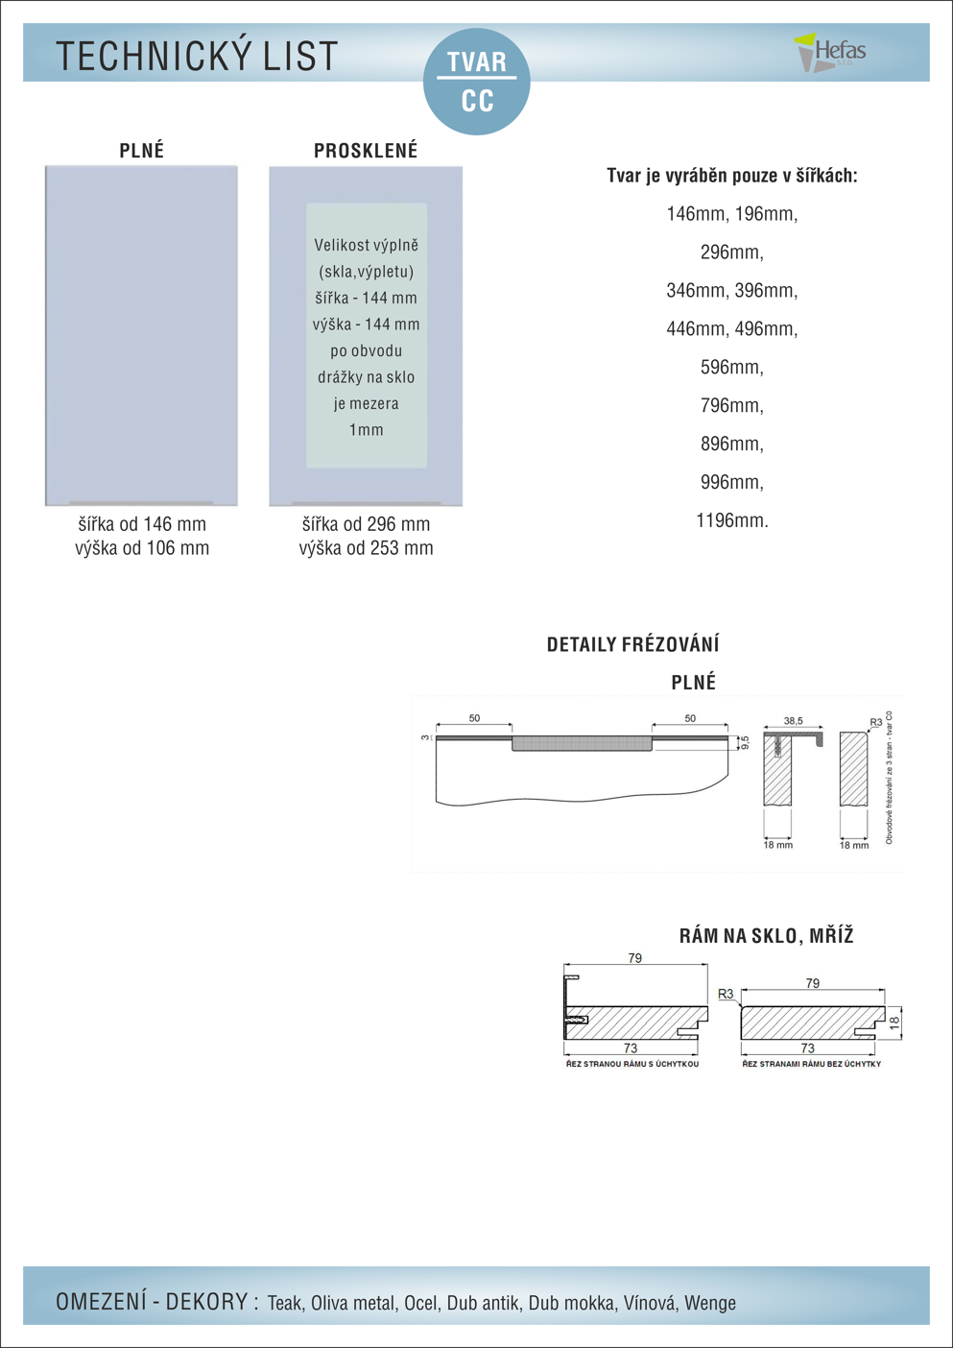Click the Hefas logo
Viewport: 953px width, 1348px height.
point(830,52)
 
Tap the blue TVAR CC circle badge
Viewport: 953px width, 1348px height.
point(477,82)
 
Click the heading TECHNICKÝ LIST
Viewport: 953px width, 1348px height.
point(197,57)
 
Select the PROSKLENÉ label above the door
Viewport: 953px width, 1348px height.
point(366,151)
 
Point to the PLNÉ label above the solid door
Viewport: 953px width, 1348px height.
point(142,151)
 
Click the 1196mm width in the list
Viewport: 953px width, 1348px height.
point(732,520)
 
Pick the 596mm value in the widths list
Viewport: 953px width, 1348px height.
point(732,367)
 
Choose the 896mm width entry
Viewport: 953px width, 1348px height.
point(732,444)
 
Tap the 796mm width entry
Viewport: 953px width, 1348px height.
point(732,405)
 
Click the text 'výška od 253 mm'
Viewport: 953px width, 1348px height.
point(366,548)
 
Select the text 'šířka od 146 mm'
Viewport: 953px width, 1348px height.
point(142,524)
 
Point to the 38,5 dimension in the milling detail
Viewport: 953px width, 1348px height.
point(793,720)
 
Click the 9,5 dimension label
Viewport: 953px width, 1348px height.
point(745,742)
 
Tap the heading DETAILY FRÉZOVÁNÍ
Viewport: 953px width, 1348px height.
point(632,644)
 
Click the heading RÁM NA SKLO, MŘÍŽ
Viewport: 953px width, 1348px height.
point(766,936)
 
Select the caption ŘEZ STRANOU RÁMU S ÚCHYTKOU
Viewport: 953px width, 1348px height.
point(632,1064)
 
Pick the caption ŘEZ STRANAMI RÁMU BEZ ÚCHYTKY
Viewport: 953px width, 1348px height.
point(811,1064)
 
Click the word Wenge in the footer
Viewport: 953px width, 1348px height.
point(709,1303)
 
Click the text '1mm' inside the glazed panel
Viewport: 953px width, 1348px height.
point(366,430)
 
